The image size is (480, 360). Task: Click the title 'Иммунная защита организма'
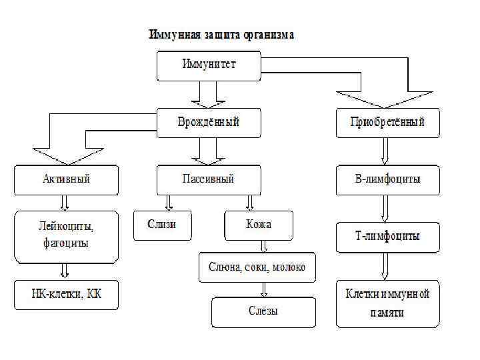click(221, 34)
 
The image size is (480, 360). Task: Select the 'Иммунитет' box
click(209, 65)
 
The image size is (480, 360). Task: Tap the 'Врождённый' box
click(209, 123)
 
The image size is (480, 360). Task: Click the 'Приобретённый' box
click(387, 123)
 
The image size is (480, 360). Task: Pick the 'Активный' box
click(66, 179)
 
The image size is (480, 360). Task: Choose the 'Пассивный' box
click(209, 179)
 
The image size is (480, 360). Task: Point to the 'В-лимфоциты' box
click(387, 179)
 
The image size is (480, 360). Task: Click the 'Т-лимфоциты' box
click(387, 237)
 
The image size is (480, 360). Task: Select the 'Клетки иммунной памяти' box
click(387, 303)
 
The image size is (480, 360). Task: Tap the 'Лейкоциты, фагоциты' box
click(66, 235)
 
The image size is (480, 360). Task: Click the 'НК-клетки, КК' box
click(66, 294)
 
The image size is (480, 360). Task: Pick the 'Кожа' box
click(258, 225)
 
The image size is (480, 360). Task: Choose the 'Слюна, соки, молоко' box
click(257, 267)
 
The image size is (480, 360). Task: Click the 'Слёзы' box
click(263, 311)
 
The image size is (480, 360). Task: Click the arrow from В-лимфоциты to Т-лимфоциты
click(385, 210)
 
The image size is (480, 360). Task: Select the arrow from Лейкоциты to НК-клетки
click(65, 270)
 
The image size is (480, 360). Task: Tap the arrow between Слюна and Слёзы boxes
click(265, 289)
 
